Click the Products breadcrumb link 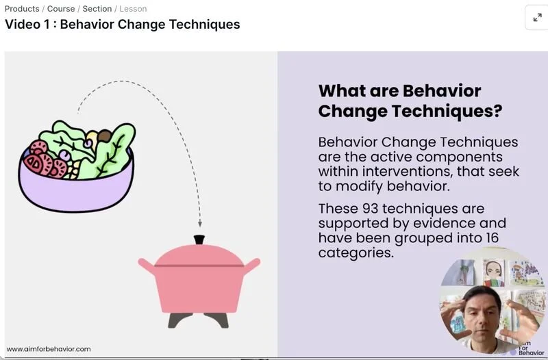[x=22, y=9]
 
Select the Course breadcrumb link [x=61, y=9]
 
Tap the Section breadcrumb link [x=97, y=9]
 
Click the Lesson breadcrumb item [x=133, y=9]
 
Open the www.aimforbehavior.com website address [x=49, y=349]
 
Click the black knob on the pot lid [x=199, y=240]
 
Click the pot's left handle [x=146, y=264]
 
